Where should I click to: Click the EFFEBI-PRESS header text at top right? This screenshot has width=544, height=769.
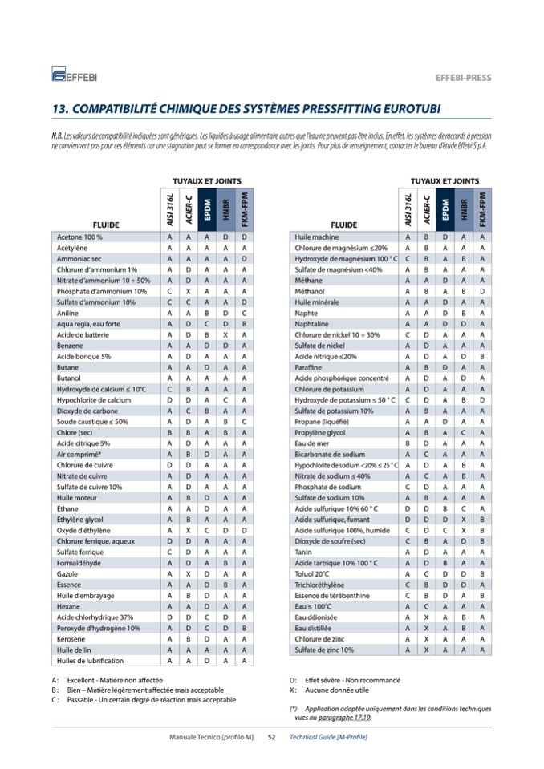pyautogui.click(x=463, y=78)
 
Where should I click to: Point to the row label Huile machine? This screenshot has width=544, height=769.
pyautogui.click(x=317, y=237)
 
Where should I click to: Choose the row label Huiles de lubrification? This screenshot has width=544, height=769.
pyautogui.click(x=90, y=660)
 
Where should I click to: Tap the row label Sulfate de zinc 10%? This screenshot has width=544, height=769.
pyautogui.click(x=326, y=650)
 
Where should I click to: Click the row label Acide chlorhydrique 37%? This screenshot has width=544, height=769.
pyautogui.click(x=95, y=617)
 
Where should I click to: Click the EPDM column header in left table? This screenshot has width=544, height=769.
pyautogui.click(x=206, y=210)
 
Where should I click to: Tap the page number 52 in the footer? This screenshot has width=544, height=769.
pyautogui.click(x=271, y=736)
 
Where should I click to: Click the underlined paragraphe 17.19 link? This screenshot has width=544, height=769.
pyautogui.click(x=352, y=718)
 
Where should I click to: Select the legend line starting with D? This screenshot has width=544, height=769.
pyautogui.click(x=343, y=680)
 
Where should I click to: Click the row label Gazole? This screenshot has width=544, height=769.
pyautogui.click(x=67, y=573)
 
